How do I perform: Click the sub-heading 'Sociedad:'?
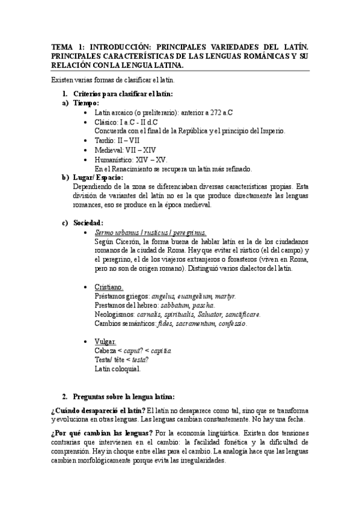tap(88, 223)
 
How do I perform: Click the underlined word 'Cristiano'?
tap(108, 287)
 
